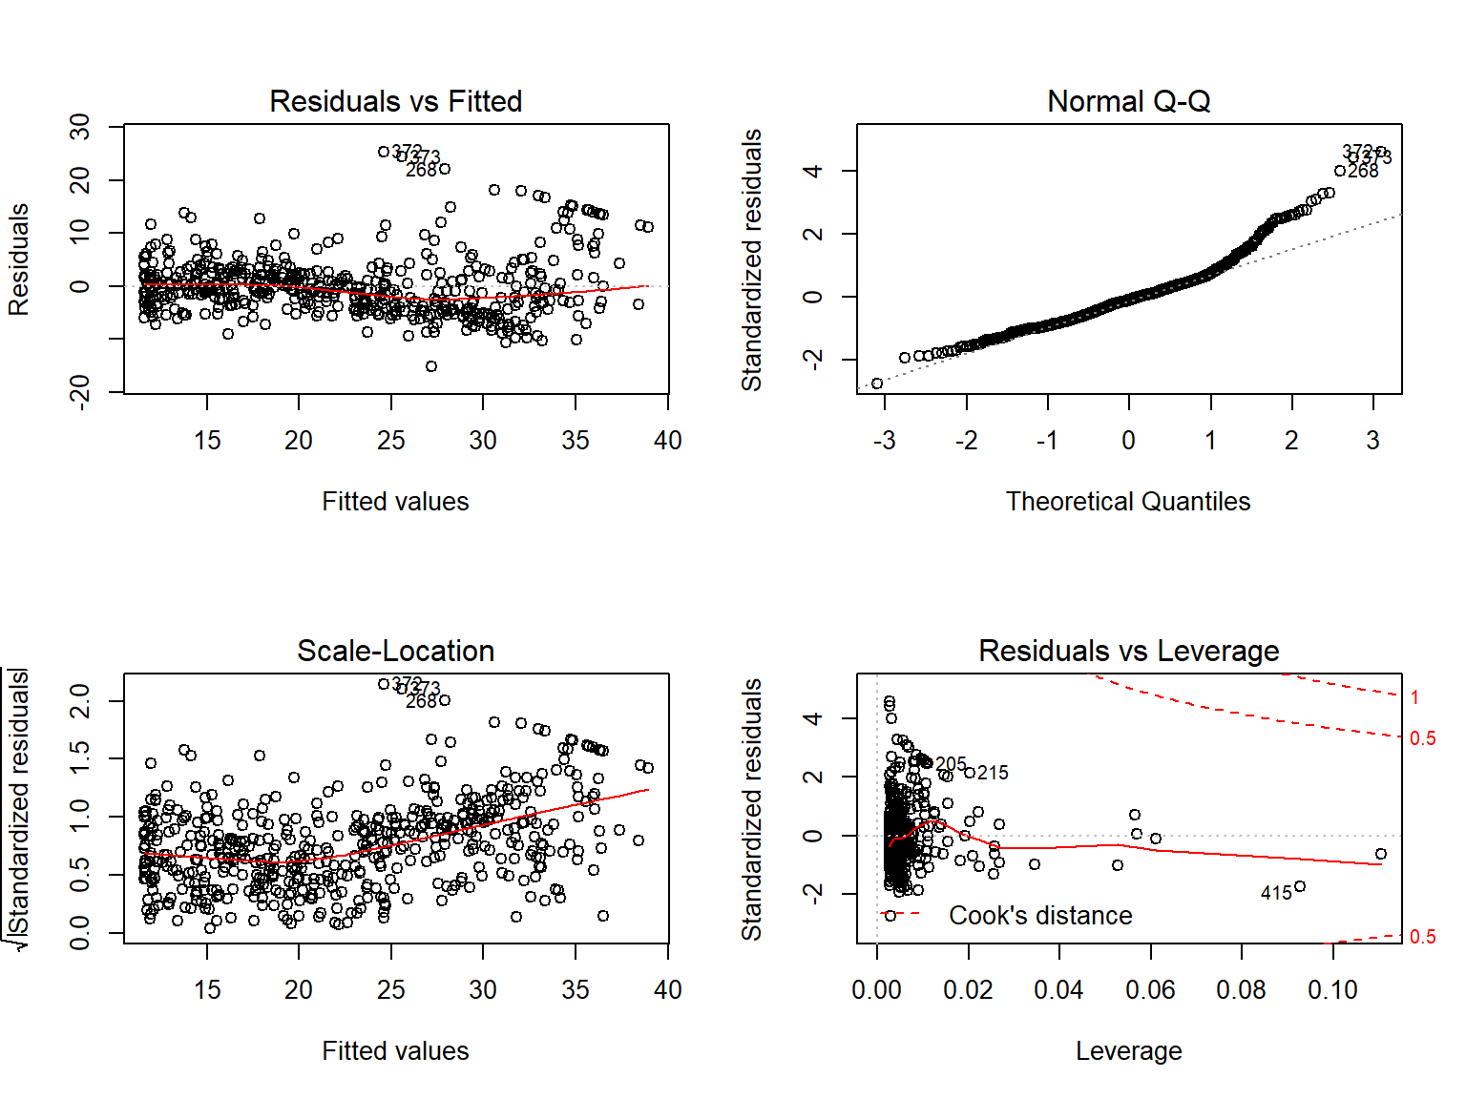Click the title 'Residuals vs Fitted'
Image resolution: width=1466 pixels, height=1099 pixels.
click(x=395, y=101)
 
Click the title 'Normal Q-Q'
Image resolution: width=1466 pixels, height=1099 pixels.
click(x=1128, y=101)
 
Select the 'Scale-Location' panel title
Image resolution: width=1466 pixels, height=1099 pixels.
click(x=395, y=651)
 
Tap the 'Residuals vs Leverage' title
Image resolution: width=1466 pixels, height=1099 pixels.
click(x=1128, y=651)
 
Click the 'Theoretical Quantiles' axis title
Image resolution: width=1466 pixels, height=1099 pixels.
click(x=1128, y=502)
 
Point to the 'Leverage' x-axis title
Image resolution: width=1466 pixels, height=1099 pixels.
click(x=1128, y=1051)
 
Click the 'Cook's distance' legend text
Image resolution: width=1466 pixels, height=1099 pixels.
click(x=1040, y=916)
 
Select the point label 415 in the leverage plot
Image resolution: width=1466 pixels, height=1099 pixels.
click(x=1276, y=894)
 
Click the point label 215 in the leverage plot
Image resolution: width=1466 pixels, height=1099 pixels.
click(x=993, y=773)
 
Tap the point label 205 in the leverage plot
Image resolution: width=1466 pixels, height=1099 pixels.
click(x=952, y=764)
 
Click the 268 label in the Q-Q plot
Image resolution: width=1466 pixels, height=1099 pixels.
click(x=1363, y=171)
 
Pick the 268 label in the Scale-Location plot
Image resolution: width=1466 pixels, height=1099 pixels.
click(x=421, y=701)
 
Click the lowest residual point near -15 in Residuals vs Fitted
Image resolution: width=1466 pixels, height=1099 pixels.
click(x=431, y=366)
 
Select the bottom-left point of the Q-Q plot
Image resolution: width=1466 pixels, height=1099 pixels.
click(x=877, y=384)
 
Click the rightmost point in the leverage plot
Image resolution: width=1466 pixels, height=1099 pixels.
click(x=1381, y=854)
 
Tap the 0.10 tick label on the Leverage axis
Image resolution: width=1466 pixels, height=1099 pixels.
click(x=1332, y=990)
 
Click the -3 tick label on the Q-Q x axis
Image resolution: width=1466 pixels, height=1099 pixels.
click(x=885, y=441)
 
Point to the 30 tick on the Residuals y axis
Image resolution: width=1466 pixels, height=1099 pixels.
click(x=80, y=126)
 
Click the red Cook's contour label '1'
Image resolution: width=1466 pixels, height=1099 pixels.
click(x=1414, y=697)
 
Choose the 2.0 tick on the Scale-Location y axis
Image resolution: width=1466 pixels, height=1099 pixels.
click(x=80, y=701)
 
